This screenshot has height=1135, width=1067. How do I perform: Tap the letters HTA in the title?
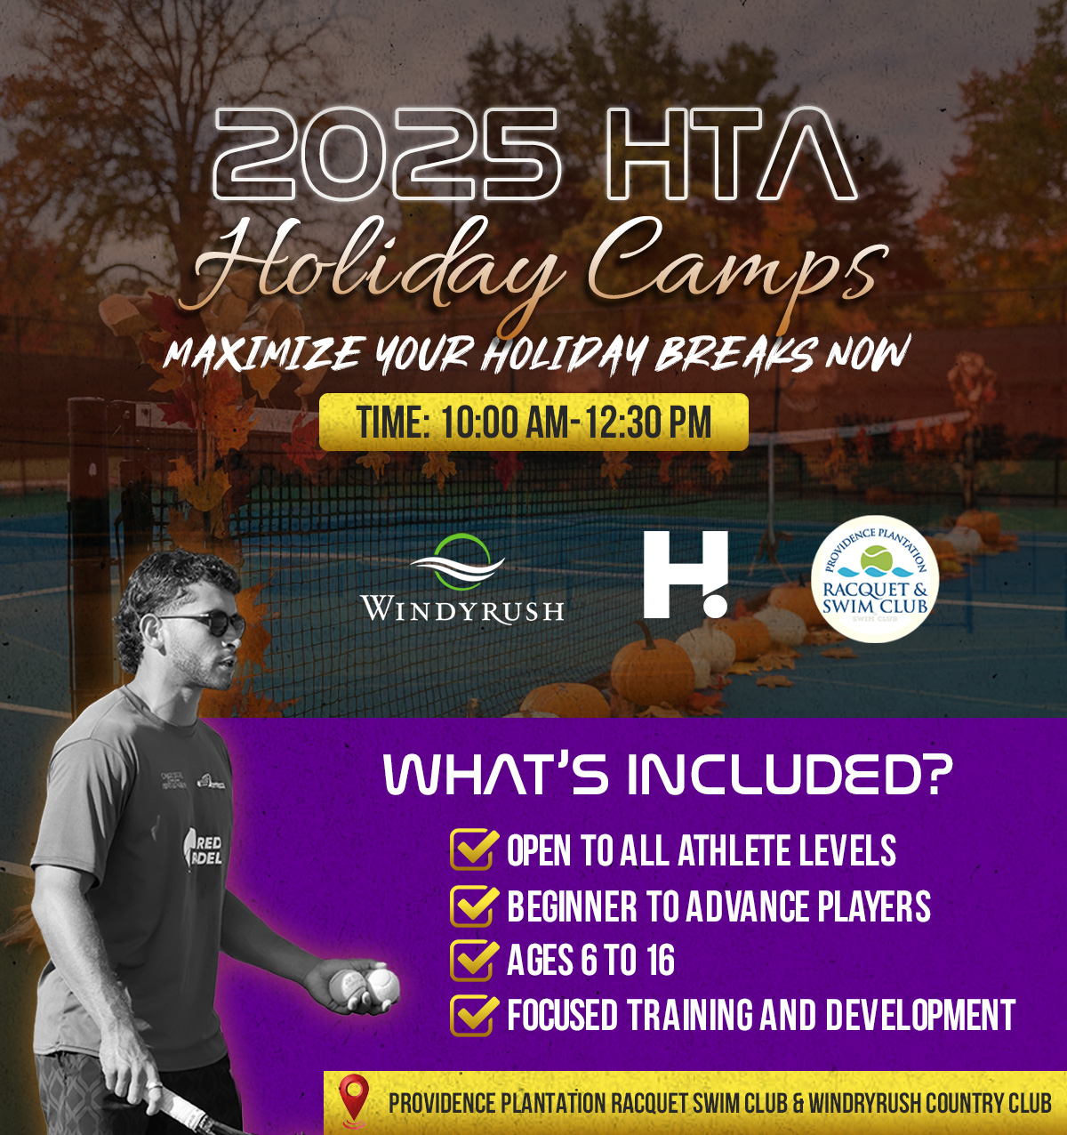pos(731,154)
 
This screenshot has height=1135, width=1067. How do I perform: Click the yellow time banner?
pos(533,423)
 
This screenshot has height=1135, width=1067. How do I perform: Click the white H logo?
pos(686,575)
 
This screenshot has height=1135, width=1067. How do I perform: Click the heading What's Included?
pos(669,776)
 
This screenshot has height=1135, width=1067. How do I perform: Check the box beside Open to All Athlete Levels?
pos(472,849)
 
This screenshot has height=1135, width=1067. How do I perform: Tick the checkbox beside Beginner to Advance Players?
pos(472,906)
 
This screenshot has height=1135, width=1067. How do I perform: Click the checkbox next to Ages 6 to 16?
pos(472,960)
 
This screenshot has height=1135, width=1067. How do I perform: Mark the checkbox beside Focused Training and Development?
pos(472,1015)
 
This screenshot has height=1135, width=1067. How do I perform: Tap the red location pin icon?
pos(355,1102)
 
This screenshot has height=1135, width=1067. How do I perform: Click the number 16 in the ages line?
pos(662,960)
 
